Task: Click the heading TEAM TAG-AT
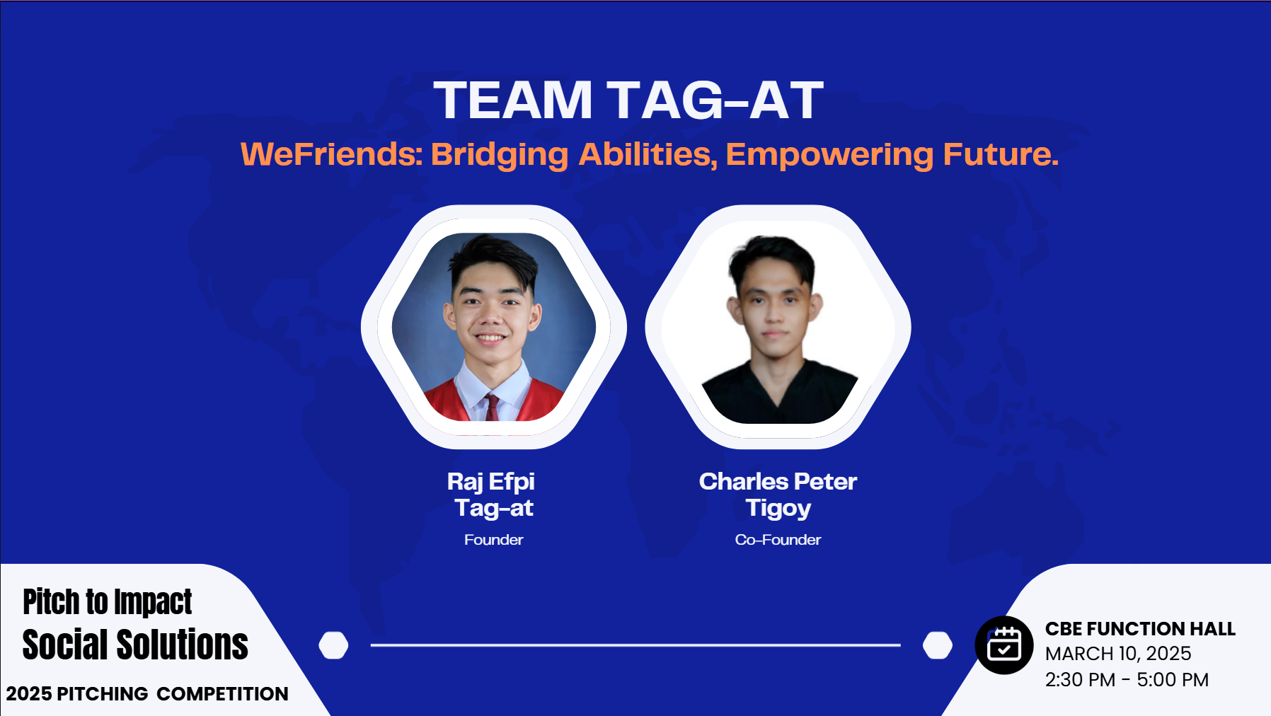[x=628, y=100]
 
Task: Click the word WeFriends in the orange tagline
[x=331, y=154]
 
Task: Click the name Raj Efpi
[x=491, y=483]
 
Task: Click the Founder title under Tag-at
[x=493, y=540]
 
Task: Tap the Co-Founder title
[x=778, y=540]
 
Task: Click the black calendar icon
[x=1003, y=645]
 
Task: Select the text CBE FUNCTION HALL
[x=1140, y=629]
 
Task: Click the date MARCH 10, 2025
[x=1118, y=654]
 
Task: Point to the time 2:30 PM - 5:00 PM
[x=1127, y=680]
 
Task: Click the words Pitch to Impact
[x=107, y=603]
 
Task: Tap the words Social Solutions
[x=135, y=645]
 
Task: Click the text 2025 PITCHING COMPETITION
[x=147, y=693]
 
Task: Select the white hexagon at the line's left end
[x=333, y=645]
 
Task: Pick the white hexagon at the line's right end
[x=938, y=645]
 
